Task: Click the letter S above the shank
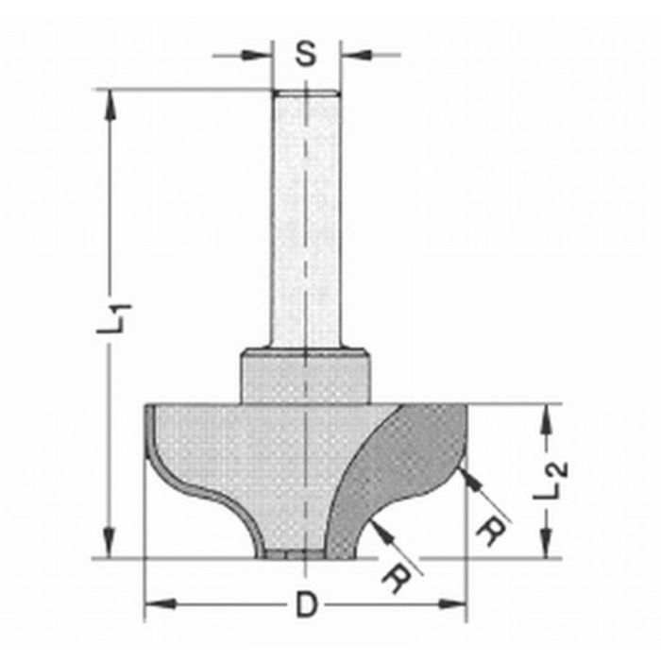pos(305,54)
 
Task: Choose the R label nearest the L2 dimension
pos(488,534)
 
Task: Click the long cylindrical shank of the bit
pos(305,217)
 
